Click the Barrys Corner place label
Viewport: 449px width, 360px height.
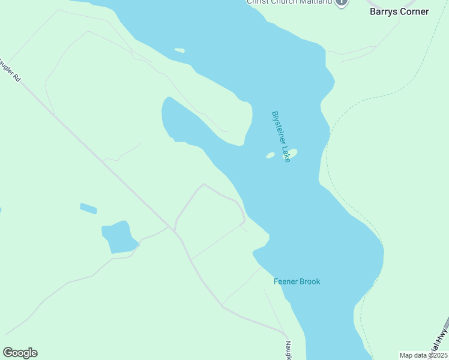(399, 11)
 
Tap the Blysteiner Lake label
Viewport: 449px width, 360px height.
(281, 136)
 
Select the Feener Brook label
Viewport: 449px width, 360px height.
(297, 281)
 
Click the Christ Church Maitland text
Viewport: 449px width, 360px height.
(290, 2)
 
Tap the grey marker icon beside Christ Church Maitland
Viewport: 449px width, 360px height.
(342, 2)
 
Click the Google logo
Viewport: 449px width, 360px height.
(20, 353)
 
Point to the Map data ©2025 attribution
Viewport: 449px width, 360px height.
(423, 355)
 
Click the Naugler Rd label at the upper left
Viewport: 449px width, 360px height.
(11, 70)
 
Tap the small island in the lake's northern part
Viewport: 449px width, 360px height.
(179, 50)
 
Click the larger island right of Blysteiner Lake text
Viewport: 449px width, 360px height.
(293, 152)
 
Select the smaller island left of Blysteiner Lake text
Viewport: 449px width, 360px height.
(270, 155)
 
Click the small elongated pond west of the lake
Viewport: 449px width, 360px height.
(88, 208)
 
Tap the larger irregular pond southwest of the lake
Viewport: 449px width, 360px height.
(119, 237)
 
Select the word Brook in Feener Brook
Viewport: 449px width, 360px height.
(309, 281)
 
